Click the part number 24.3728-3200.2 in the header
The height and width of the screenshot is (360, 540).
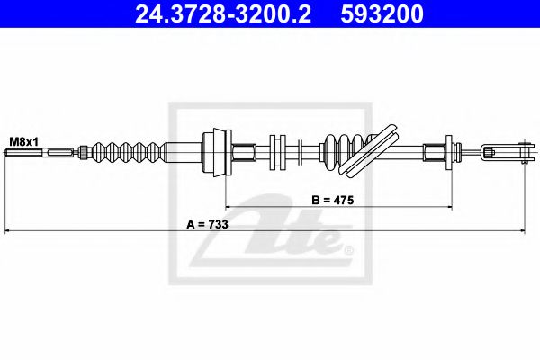[x=223, y=13]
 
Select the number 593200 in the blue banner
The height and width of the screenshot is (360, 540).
[x=382, y=13]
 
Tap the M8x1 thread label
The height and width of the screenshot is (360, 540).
[x=23, y=141]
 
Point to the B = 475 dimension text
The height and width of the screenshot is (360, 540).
[x=333, y=200]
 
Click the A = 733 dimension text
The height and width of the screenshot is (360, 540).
[x=207, y=225]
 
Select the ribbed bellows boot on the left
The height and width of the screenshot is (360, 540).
[x=130, y=152]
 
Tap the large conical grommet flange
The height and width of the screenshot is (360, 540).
[x=218, y=152]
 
